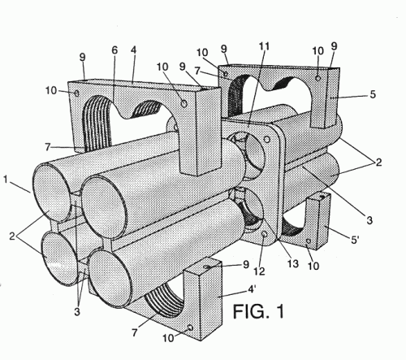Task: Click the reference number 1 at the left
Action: coord(5,180)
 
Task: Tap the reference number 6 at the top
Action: coord(114,50)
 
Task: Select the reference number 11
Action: coord(264,46)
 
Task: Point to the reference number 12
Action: coord(259,271)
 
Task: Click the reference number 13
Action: coord(292,264)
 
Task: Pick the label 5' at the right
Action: coord(355,240)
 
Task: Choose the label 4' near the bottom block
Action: coord(252,289)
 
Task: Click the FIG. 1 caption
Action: coord(258,311)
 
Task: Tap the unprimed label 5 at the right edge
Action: coord(373,94)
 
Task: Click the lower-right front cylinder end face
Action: coord(110,279)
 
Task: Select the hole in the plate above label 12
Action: coord(265,234)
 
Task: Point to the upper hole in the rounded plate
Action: coord(267,140)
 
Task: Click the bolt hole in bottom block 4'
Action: coord(190,328)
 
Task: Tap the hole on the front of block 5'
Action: coord(308,241)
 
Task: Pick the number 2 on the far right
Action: coord(378,162)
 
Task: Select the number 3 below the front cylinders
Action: coord(77,312)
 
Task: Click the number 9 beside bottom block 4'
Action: coord(246,264)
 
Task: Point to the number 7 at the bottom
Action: coord(135,332)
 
